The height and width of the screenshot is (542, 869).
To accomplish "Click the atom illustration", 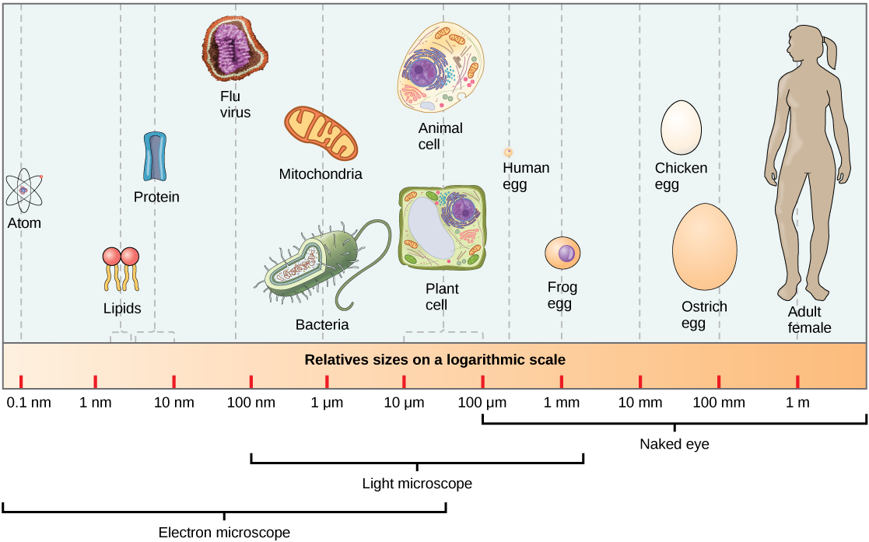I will point(24,191).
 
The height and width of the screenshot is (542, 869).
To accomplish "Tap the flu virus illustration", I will point(235,48).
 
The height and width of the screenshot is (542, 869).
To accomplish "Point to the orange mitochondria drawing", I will point(321,137).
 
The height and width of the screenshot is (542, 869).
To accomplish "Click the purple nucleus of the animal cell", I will point(424,75).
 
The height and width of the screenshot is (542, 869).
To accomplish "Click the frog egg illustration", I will point(562,254).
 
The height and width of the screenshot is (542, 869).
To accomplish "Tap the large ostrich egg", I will point(704,247).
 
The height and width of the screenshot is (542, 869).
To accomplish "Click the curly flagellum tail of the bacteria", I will point(366,264).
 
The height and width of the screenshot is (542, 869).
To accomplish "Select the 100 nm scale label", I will point(251,403).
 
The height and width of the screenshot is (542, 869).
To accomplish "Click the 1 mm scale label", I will point(561,403).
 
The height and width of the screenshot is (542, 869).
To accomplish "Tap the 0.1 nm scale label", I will point(28,403).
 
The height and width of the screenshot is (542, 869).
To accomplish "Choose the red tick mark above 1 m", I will point(797,381).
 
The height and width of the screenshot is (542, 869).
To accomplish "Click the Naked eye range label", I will point(674,445).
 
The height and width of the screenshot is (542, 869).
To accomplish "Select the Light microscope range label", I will point(417,484).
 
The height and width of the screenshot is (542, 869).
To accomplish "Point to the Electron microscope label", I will point(224,533).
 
